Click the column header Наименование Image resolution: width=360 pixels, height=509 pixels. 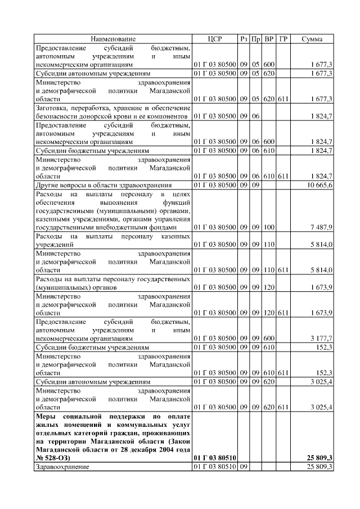click(113, 39)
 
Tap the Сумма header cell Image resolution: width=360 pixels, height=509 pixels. click(312, 39)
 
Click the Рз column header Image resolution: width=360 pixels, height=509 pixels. click(244, 39)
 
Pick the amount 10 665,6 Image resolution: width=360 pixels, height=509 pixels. click(320, 185)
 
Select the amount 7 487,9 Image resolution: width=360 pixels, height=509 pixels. click(322, 227)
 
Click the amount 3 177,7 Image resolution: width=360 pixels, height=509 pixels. click(322, 339)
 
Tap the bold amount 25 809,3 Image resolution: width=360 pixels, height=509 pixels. click(318, 458)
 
